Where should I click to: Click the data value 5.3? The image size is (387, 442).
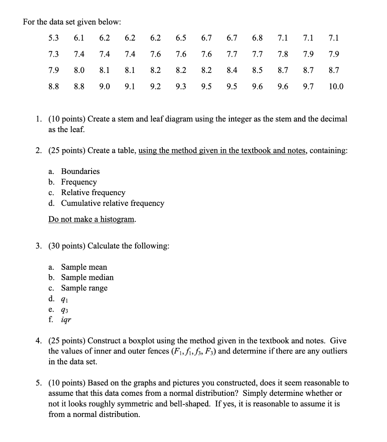click(54, 38)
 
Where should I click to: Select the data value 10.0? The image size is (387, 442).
click(336, 86)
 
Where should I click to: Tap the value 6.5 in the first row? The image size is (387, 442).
click(181, 38)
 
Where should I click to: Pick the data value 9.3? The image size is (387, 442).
click(181, 86)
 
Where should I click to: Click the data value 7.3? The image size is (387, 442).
click(54, 54)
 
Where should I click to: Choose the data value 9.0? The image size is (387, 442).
click(105, 86)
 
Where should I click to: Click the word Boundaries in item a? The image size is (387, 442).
click(80, 171)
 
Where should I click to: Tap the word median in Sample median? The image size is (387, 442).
click(99, 278)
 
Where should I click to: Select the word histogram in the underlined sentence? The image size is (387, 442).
click(117, 219)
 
